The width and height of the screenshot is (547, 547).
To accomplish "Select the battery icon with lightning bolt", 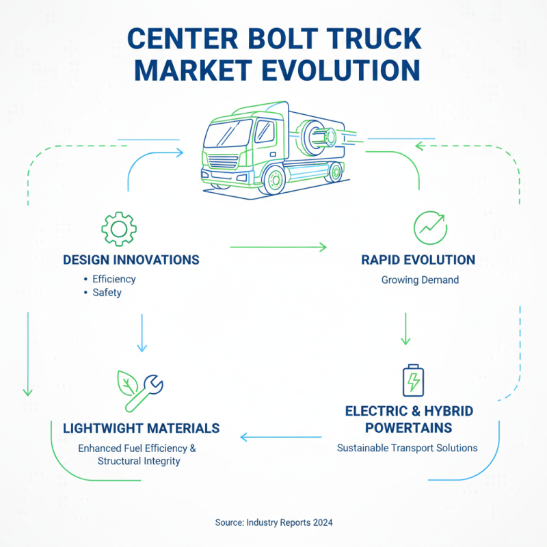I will (413, 380).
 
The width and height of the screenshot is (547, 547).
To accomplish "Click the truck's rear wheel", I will (334, 173).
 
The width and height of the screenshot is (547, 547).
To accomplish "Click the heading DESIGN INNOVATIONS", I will (131, 260).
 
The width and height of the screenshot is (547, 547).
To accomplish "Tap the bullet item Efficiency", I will (114, 279).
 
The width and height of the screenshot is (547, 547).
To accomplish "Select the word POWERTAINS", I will (408, 428).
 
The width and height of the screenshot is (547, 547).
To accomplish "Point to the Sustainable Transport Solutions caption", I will (408, 448).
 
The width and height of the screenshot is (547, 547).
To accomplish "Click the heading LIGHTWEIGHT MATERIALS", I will (141, 428).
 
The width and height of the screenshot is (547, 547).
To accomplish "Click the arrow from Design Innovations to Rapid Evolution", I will (278, 245).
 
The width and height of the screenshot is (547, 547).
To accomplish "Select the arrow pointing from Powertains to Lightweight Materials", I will (280, 437).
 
